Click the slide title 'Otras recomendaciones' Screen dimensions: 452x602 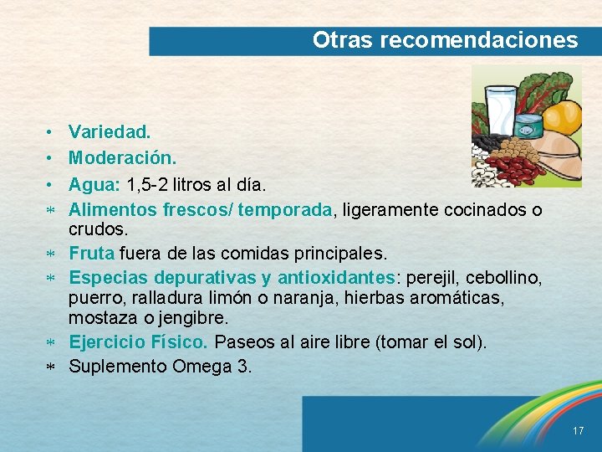tap(445, 40)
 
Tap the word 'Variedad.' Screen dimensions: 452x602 tap(110, 132)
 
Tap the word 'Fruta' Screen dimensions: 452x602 tap(92, 253)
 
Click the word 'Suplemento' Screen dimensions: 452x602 tap(118, 367)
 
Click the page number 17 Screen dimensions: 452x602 tap(579, 430)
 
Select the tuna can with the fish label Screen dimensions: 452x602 tap(528, 128)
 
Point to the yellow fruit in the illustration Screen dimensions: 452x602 tap(564, 116)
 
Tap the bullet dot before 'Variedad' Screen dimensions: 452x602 tap(51, 133)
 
